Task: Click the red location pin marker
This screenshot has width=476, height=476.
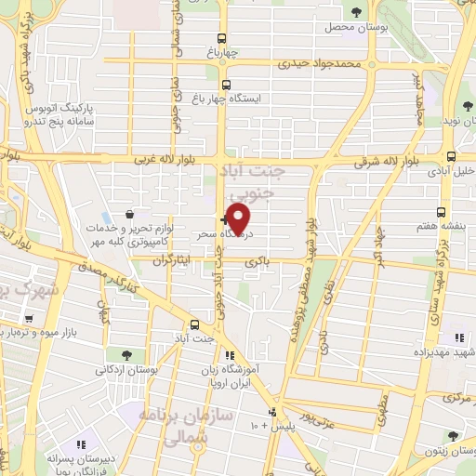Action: (x=238, y=218)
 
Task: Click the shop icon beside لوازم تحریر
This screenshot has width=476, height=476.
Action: (x=139, y=215)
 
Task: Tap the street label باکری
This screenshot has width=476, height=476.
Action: (x=258, y=263)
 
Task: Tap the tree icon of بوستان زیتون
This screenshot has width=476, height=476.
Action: (x=453, y=436)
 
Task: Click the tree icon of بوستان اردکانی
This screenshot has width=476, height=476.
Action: (x=125, y=355)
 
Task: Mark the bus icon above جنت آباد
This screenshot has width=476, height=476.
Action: (x=193, y=324)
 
